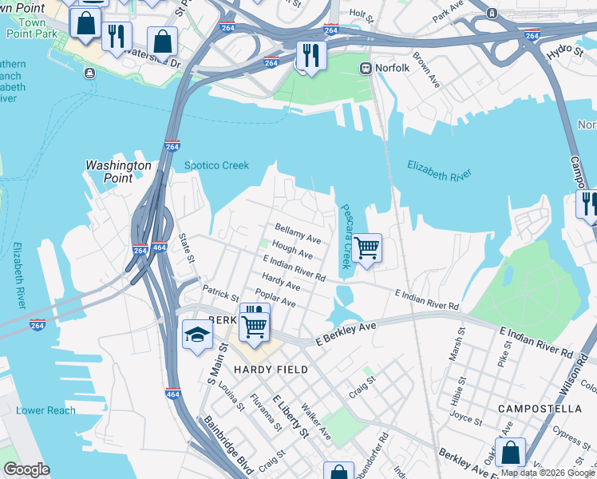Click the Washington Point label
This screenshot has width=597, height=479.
pyautogui.click(x=118, y=172)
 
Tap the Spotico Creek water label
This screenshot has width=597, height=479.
pyautogui.click(x=216, y=166)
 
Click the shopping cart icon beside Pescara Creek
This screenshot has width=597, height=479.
pyautogui.click(x=366, y=248)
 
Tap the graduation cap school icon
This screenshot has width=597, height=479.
pyautogui.click(x=197, y=335)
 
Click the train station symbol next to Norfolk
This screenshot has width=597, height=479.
pyautogui.click(x=366, y=68)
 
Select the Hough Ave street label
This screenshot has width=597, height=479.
pyautogui.click(x=292, y=252)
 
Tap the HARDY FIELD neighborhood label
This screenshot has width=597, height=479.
pyautogui.click(x=266, y=370)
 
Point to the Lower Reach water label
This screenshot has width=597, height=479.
pyautogui.click(x=45, y=410)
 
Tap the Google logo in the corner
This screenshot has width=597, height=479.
pyautogui.click(x=26, y=469)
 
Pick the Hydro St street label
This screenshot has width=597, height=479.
pyautogui.click(x=565, y=52)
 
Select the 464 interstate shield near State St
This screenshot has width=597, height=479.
pyautogui.click(x=159, y=248)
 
